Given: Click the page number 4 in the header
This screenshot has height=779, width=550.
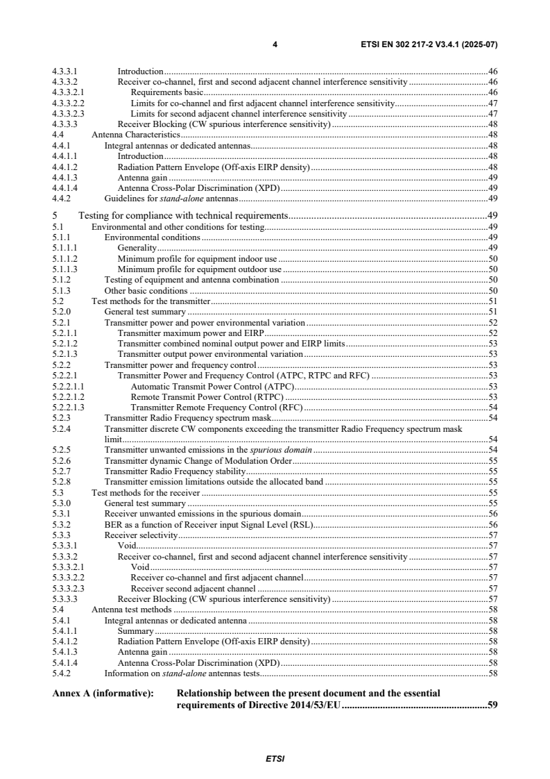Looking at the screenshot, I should [275, 44].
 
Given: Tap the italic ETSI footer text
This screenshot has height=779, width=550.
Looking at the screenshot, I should [275, 758].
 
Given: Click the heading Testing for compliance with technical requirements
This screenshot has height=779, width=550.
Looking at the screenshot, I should [183, 215].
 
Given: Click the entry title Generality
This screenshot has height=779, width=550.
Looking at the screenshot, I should [137, 247].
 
